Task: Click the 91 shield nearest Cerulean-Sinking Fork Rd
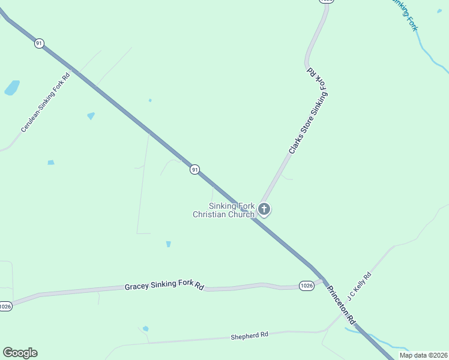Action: pos(39,43)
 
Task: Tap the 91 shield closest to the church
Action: pos(194,170)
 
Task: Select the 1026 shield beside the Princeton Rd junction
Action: pos(306,286)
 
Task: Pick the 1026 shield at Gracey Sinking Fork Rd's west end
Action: pos(5,306)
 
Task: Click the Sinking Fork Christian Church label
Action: pos(224,210)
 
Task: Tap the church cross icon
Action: pos(264,209)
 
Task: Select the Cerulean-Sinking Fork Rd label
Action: pos(46,103)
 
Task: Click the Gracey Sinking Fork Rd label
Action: pos(164,286)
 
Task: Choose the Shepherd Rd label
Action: pos(249,335)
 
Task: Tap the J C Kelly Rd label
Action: pos(359,286)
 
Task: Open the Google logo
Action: pos(20,353)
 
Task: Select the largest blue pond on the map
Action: pos(12,88)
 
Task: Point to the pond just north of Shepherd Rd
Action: pos(145,329)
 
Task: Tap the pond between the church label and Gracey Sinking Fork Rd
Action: pos(168,244)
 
